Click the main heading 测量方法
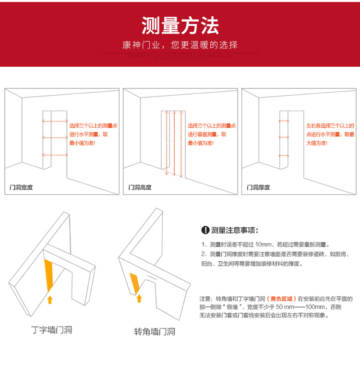(x=180, y=25)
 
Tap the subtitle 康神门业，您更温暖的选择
(x=180, y=45)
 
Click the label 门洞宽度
(x=22, y=187)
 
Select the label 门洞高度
(x=140, y=187)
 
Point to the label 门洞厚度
(x=259, y=187)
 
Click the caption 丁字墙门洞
(x=52, y=330)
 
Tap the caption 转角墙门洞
(x=154, y=331)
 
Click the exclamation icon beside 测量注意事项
(x=205, y=230)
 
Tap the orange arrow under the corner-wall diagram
(x=139, y=298)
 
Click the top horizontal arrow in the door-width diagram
(x=55, y=121)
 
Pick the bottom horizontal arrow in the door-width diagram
(x=55, y=155)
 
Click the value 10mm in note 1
(x=264, y=244)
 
